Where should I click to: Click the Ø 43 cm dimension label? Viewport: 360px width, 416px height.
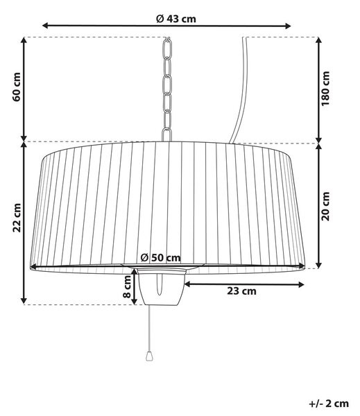click(x=176, y=19)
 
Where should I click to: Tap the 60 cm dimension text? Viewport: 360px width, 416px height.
click(x=17, y=87)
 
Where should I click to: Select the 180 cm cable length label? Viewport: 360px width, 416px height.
click(x=325, y=88)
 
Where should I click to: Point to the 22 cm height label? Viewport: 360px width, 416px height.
click(x=17, y=218)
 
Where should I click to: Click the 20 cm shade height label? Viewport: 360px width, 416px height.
click(x=325, y=206)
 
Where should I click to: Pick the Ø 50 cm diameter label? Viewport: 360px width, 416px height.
click(x=160, y=257)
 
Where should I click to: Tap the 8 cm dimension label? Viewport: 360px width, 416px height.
click(x=128, y=286)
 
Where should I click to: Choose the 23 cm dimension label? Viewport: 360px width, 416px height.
click(x=241, y=291)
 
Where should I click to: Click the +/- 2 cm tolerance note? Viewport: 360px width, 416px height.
click(x=329, y=404)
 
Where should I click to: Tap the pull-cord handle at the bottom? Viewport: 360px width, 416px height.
click(x=149, y=356)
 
